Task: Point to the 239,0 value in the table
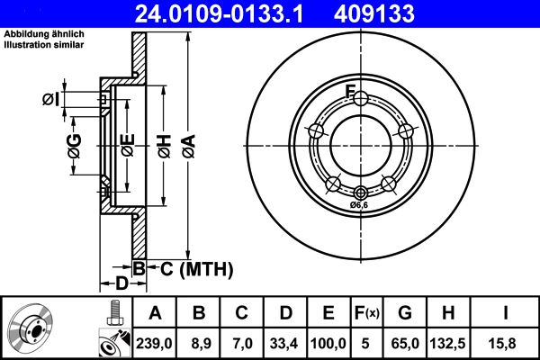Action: pyautogui.click(x=155, y=341)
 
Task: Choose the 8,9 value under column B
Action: pyautogui.click(x=199, y=341)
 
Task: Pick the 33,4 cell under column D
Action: pyautogui.click(x=285, y=341)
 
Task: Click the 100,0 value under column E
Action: pyautogui.click(x=329, y=341)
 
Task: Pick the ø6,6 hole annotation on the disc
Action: pyautogui.click(x=360, y=205)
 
